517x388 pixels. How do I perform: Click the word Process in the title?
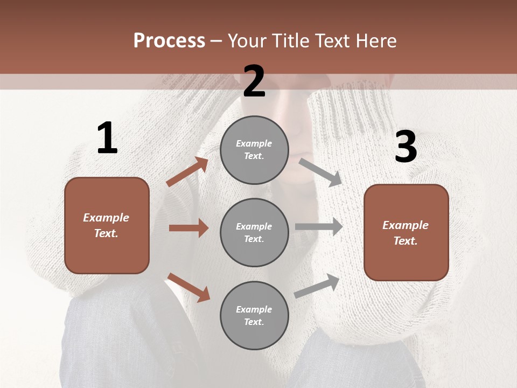pos(169,41)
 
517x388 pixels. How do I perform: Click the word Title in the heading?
pos(289,41)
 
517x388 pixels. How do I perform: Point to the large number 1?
pos(107,138)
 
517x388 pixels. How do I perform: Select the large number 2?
pos(254,81)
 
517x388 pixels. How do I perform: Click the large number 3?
pos(406,147)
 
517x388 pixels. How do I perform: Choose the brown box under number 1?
pos(107,225)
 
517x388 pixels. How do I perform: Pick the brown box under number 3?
pos(406,233)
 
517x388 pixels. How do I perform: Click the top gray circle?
pos(254,150)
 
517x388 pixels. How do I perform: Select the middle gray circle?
pos(254,232)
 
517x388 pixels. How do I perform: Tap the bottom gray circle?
pos(254,315)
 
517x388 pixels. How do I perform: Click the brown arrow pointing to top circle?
pos(187,172)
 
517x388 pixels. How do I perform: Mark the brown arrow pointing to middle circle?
pos(188,228)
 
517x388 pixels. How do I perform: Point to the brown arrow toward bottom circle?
pos(188,287)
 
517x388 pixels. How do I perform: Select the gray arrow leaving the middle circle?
pos(319,227)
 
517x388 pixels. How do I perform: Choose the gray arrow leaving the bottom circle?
pos(317,286)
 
